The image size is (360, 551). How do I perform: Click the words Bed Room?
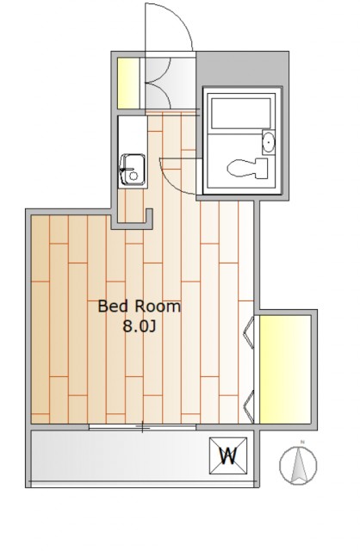coord(139,306)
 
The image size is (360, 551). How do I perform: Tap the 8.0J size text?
coord(139,327)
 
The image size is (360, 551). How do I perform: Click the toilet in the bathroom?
coord(247,167)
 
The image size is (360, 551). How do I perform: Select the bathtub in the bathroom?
coord(241,113)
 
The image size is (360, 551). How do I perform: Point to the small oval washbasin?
coord(269,142)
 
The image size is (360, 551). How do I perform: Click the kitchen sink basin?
coord(132,170)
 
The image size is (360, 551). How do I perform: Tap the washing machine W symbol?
coord(228,455)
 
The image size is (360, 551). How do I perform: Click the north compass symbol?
coord(298,464)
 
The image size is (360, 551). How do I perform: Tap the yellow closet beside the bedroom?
coord(285,369)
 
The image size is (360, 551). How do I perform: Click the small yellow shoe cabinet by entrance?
coord(128,83)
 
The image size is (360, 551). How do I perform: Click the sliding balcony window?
coord(142,427)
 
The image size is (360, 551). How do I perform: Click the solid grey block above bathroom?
coord(243,69)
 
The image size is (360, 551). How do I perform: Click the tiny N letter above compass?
coord(301,442)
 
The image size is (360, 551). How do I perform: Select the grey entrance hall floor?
coord(170,83)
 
